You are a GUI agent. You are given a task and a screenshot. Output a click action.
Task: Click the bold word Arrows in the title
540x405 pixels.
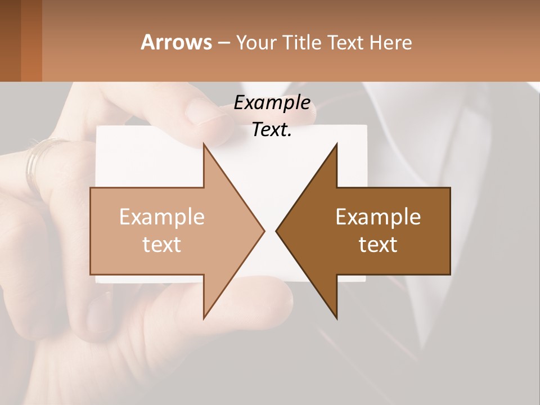pyautogui.click(x=176, y=42)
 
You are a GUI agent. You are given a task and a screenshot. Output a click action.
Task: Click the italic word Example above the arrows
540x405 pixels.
pyautogui.click(x=272, y=103)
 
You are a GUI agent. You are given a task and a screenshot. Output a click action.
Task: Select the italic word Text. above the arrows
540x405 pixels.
pyautogui.click(x=272, y=130)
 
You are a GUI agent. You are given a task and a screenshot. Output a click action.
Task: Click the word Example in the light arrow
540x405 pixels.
pyautogui.click(x=162, y=217)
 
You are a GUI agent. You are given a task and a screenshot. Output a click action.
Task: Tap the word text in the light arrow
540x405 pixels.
pyautogui.click(x=162, y=244)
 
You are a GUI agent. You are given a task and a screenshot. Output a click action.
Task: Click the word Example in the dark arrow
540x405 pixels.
pyautogui.click(x=378, y=217)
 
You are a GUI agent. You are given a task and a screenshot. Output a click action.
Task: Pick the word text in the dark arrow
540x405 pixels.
pyautogui.click(x=378, y=244)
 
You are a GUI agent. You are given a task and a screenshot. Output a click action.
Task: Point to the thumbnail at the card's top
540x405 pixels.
pyautogui.click(x=205, y=111)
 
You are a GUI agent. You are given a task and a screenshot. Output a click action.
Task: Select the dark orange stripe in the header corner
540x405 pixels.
pyautogui.click(x=31, y=42)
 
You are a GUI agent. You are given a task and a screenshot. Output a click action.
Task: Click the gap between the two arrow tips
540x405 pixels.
pyautogui.click(x=270, y=231)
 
